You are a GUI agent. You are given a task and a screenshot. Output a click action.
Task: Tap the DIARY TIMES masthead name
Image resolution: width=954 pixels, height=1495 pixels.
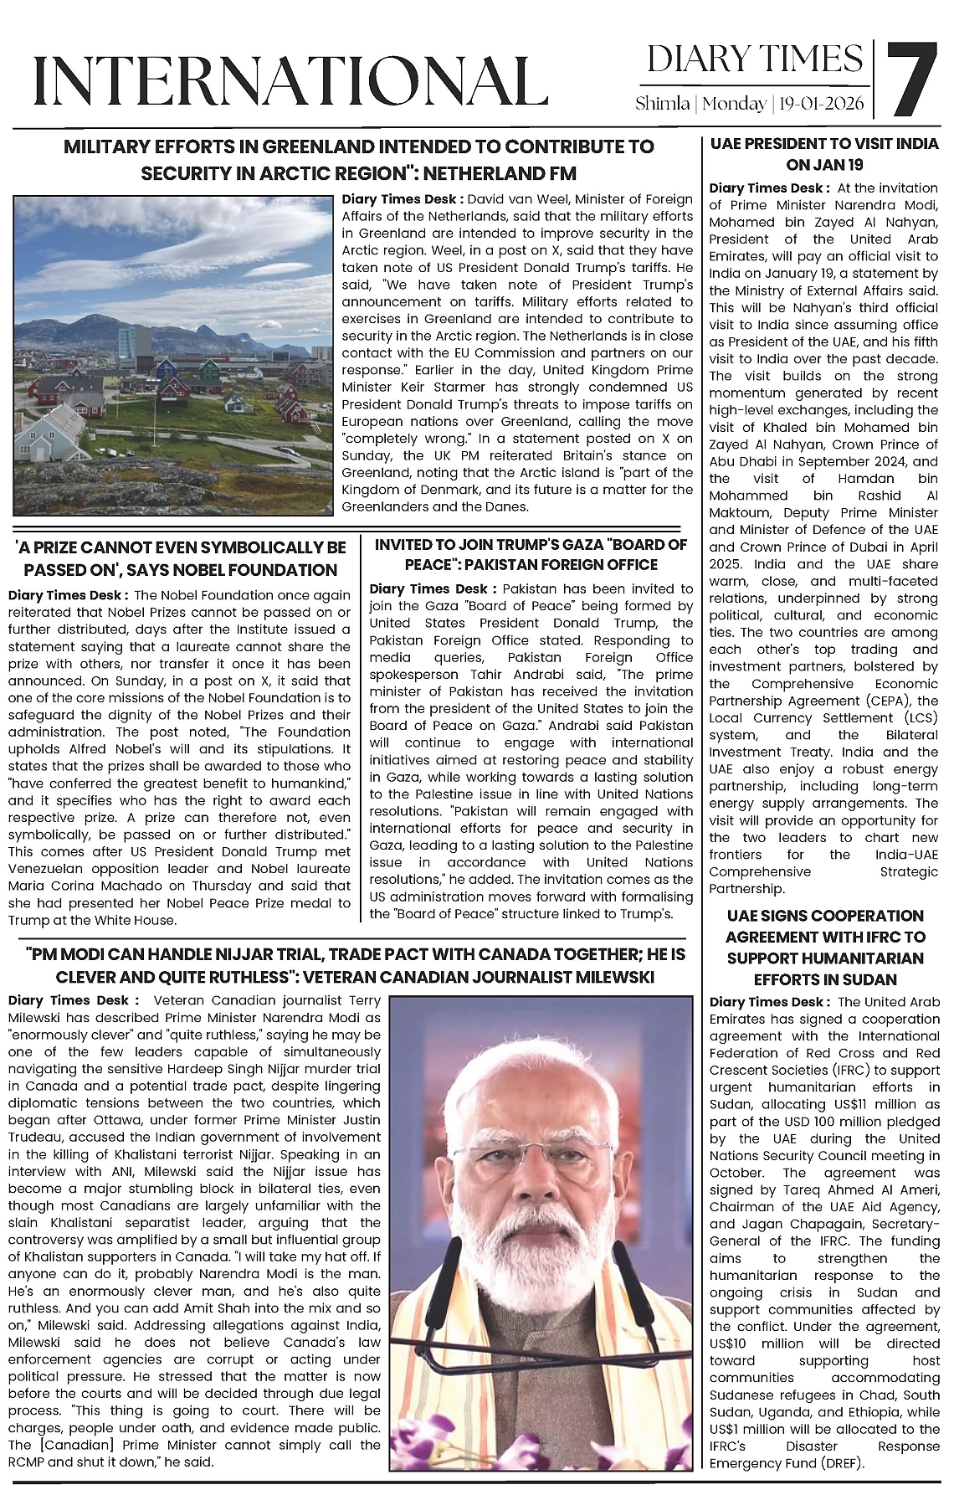point(755,59)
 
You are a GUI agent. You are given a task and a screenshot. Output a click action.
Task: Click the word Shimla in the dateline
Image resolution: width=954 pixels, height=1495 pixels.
point(662,105)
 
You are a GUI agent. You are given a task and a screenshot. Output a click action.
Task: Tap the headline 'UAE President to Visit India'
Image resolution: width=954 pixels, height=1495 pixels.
point(824,154)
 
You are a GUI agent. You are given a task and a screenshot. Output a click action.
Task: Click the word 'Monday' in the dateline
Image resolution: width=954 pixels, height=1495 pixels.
point(734,105)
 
